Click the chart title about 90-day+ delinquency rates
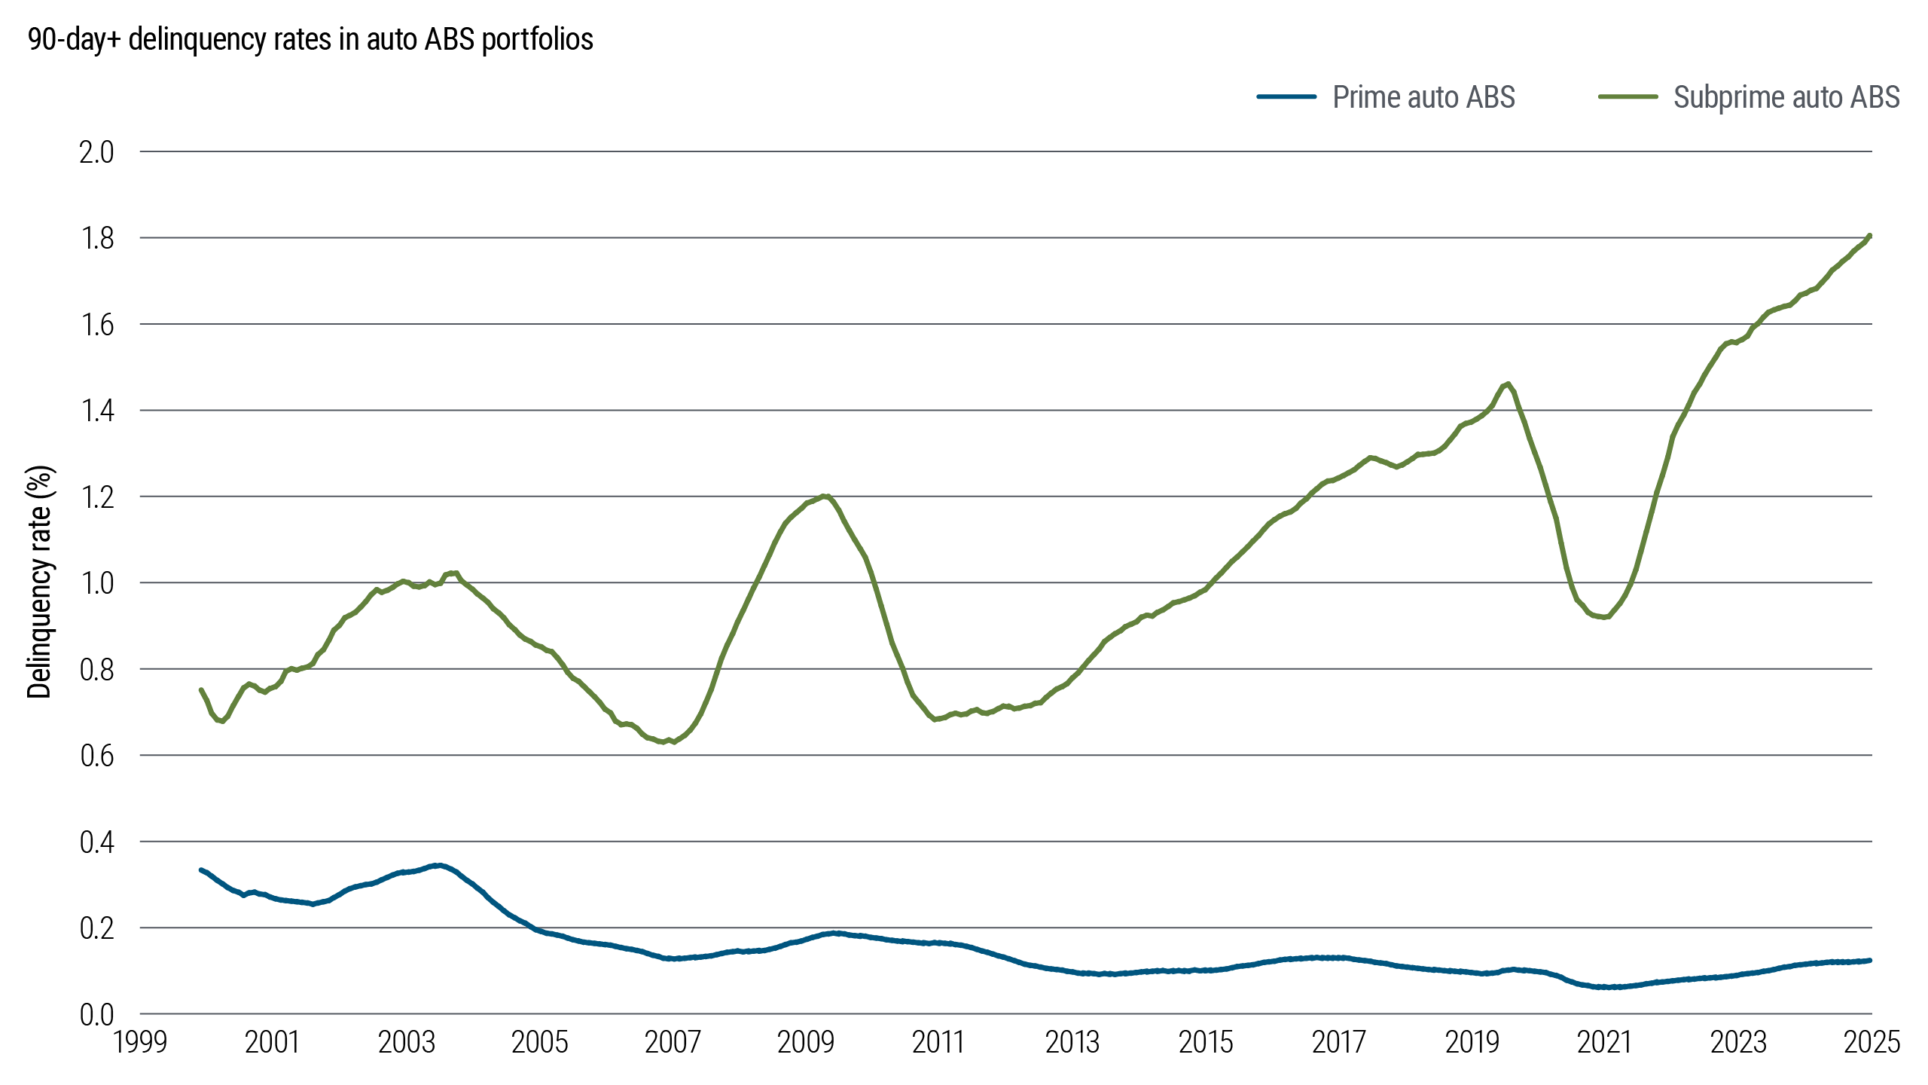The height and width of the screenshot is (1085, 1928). pos(310,39)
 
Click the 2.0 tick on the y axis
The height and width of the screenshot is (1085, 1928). pos(96,152)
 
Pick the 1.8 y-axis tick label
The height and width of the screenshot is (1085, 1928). pos(96,238)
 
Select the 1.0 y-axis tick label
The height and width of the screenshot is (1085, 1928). pos(96,583)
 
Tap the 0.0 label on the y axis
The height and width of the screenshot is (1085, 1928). pos(96,1014)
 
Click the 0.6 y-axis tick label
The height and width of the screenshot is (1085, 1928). pos(96,756)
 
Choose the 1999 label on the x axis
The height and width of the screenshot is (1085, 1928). pos(139,1043)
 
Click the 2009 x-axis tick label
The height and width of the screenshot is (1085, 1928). pos(805,1043)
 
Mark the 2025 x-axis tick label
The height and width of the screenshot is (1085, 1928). pos(1872,1043)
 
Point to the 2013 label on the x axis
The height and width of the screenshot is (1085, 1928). pos(1072,1043)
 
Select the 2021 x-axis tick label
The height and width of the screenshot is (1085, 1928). pos(1604,1043)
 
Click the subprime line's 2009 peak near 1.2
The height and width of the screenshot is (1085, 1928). pos(826,496)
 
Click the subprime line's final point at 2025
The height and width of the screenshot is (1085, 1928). pos(1870,235)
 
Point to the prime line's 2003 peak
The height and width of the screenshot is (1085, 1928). pos(437,866)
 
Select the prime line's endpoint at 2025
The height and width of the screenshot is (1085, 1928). pos(1870,961)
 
